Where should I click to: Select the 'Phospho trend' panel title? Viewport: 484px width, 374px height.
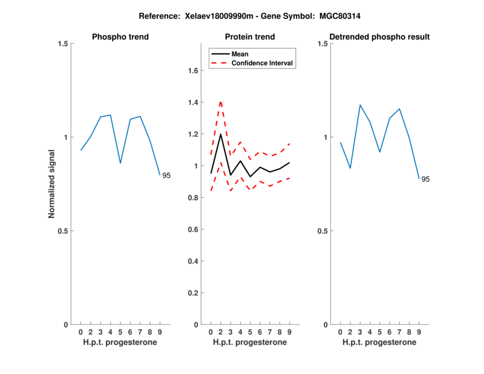(x=120, y=37)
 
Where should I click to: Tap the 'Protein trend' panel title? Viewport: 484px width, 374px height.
(x=249, y=37)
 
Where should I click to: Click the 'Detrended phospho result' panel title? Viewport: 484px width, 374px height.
(x=379, y=37)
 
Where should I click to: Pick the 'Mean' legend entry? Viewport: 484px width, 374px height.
(x=240, y=54)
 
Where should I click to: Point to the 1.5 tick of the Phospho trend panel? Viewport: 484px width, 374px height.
(x=61, y=44)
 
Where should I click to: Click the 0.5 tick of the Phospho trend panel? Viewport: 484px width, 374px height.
(x=61, y=231)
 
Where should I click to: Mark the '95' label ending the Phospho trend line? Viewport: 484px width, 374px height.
(x=166, y=176)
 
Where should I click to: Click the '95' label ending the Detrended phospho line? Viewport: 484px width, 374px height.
(x=425, y=179)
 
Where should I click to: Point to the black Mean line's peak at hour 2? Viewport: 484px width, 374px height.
(x=220, y=134)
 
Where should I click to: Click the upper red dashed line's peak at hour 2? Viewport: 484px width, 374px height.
(x=220, y=101)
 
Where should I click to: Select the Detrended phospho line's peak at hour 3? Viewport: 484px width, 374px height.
(x=360, y=105)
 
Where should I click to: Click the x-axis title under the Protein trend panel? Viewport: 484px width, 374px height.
(x=249, y=343)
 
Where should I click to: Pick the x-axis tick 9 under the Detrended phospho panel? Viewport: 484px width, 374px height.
(x=419, y=332)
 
